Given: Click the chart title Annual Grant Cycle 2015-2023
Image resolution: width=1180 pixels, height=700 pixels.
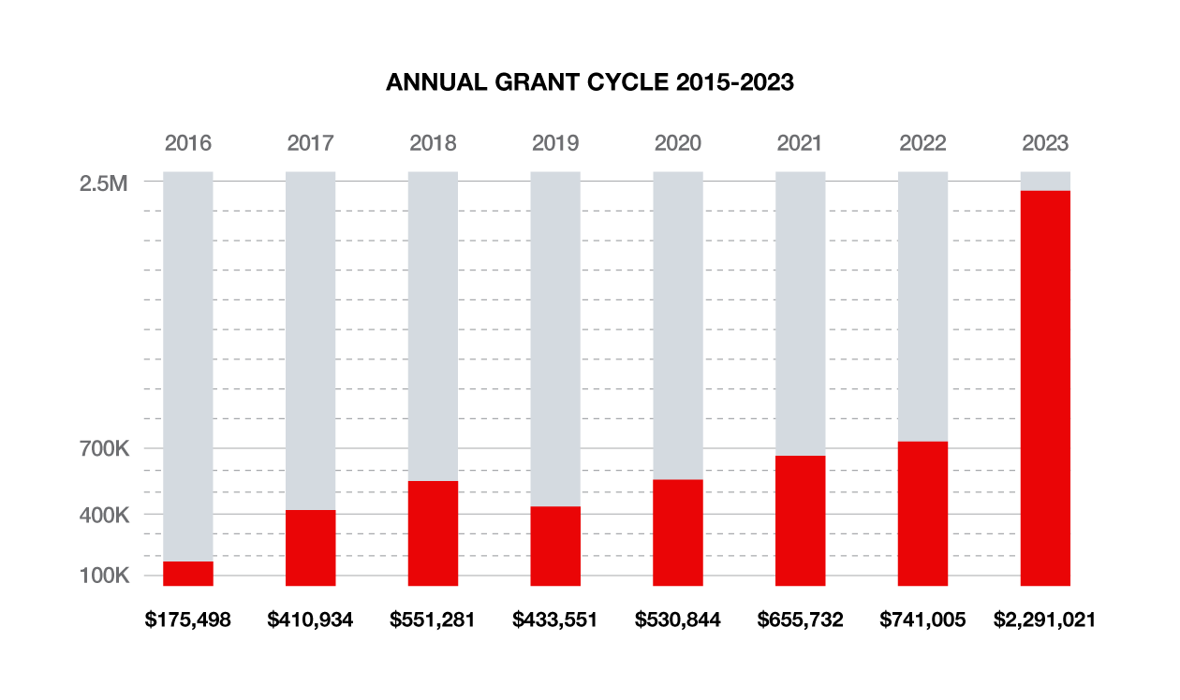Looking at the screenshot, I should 590,82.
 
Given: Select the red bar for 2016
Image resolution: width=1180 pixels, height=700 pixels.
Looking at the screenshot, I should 188,574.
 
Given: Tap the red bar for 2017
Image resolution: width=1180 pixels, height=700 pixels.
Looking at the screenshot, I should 310,547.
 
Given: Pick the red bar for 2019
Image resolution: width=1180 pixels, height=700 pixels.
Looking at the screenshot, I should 555,546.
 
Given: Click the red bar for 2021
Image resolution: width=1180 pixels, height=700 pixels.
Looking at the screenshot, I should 801,520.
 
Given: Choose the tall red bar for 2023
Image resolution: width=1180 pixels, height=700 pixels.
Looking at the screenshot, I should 1045,388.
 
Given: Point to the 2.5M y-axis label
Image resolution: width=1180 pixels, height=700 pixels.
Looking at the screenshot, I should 103,183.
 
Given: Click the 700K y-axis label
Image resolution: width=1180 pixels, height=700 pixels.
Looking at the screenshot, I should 103,449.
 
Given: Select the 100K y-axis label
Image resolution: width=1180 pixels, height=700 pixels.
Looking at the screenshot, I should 103,576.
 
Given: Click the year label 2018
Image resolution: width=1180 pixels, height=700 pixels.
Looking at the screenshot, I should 433,143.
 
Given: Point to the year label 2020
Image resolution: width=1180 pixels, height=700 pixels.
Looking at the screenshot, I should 678,143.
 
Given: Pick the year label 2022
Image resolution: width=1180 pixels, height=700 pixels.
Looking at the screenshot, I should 923,143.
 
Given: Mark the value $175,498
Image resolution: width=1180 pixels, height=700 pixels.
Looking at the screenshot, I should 188,620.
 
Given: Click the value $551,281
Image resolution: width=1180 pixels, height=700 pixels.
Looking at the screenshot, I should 433,620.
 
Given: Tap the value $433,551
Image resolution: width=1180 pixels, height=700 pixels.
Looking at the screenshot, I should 555,620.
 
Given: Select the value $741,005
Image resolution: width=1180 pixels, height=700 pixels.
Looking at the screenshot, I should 923,620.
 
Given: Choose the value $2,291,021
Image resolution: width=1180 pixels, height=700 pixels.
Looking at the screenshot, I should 1045,620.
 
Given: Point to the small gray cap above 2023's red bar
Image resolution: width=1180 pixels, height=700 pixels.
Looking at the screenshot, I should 1045,181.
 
